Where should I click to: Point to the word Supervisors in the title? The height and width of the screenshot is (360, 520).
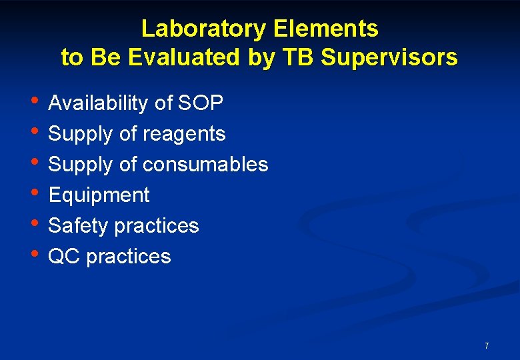click(389, 58)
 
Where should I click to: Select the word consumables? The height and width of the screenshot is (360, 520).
click(205, 165)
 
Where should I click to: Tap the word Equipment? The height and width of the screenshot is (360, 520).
click(99, 195)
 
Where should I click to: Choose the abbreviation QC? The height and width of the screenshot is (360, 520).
click(65, 257)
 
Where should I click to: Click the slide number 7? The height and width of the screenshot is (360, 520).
click(487, 345)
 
